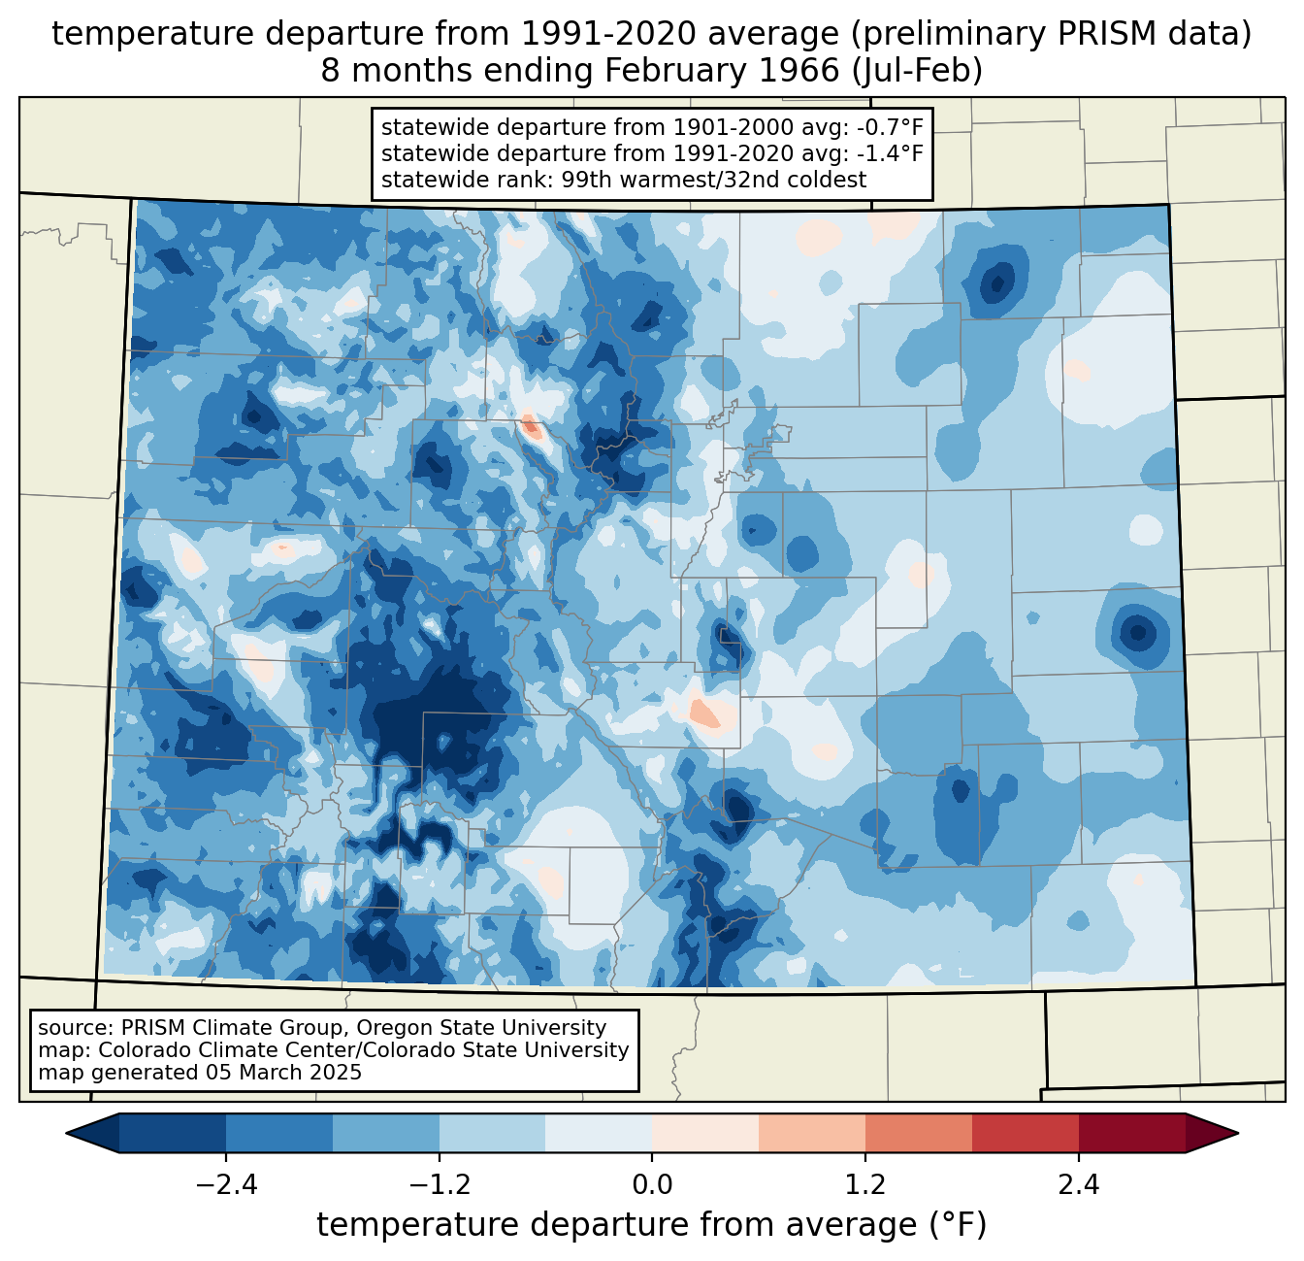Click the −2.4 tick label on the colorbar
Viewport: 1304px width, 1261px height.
point(225,1185)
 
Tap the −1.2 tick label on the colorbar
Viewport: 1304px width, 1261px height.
point(439,1185)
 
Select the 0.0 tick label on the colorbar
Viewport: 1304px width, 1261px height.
point(652,1185)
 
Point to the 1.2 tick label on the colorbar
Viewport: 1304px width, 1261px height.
point(865,1185)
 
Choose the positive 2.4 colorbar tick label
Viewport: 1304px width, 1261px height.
point(1079,1185)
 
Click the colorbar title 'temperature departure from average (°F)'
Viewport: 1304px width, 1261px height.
point(652,1225)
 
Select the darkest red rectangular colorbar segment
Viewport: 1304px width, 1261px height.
point(1131,1133)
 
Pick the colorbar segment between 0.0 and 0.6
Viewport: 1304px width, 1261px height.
point(705,1133)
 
